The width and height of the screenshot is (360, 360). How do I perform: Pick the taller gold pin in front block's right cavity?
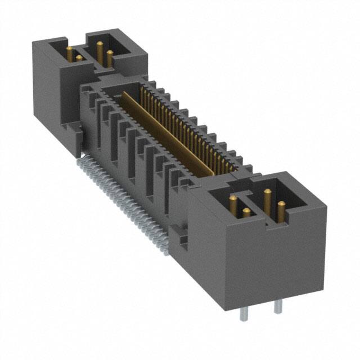coord(266,200)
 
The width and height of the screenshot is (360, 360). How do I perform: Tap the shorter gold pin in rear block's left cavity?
coord(79,57)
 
